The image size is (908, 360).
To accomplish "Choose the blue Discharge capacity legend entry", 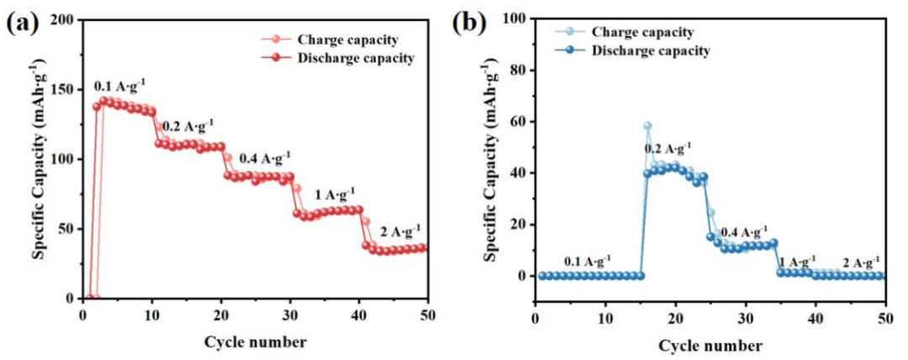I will pyautogui.click(x=649, y=50).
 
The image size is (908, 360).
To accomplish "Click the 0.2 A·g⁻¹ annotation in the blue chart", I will pyautogui.click(x=668, y=149).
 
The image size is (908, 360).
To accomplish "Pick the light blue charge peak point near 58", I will pyautogui.click(x=647, y=126).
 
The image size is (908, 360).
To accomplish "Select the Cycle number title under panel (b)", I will pyautogui.click(x=710, y=345).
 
